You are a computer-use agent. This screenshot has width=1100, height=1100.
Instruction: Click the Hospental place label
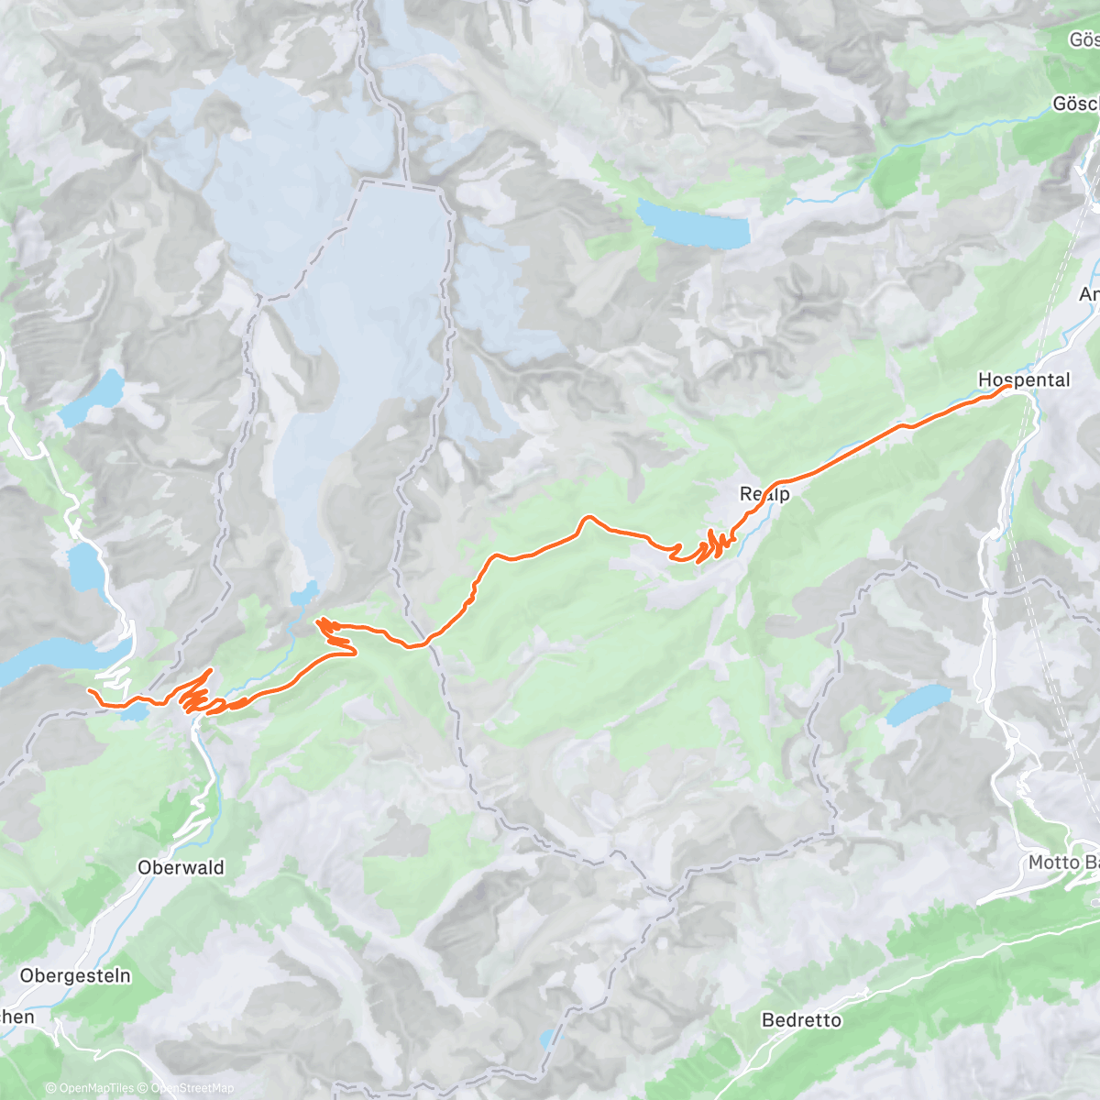pos(1023,379)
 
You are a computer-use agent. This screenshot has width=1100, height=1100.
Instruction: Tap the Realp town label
pos(764,494)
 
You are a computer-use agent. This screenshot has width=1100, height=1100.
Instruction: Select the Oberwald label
pos(181,867)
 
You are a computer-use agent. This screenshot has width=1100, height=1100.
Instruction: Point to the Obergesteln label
pos(75,976)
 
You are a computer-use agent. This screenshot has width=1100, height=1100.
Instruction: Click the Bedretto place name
pos(801,1019)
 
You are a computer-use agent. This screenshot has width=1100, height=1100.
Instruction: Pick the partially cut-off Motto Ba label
pos(1063,863)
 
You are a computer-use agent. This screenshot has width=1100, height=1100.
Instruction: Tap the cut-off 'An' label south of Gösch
pos(1089,294)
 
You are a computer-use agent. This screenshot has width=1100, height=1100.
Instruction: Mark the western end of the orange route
pos(89,689)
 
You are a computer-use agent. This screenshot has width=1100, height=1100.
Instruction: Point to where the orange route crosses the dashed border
pos(427,639)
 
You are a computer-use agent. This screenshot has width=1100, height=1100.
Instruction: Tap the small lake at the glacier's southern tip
pos(304,594)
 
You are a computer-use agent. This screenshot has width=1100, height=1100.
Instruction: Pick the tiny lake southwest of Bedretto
pos(546,1038)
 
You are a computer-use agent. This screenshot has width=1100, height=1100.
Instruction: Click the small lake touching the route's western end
pos(135,712)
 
